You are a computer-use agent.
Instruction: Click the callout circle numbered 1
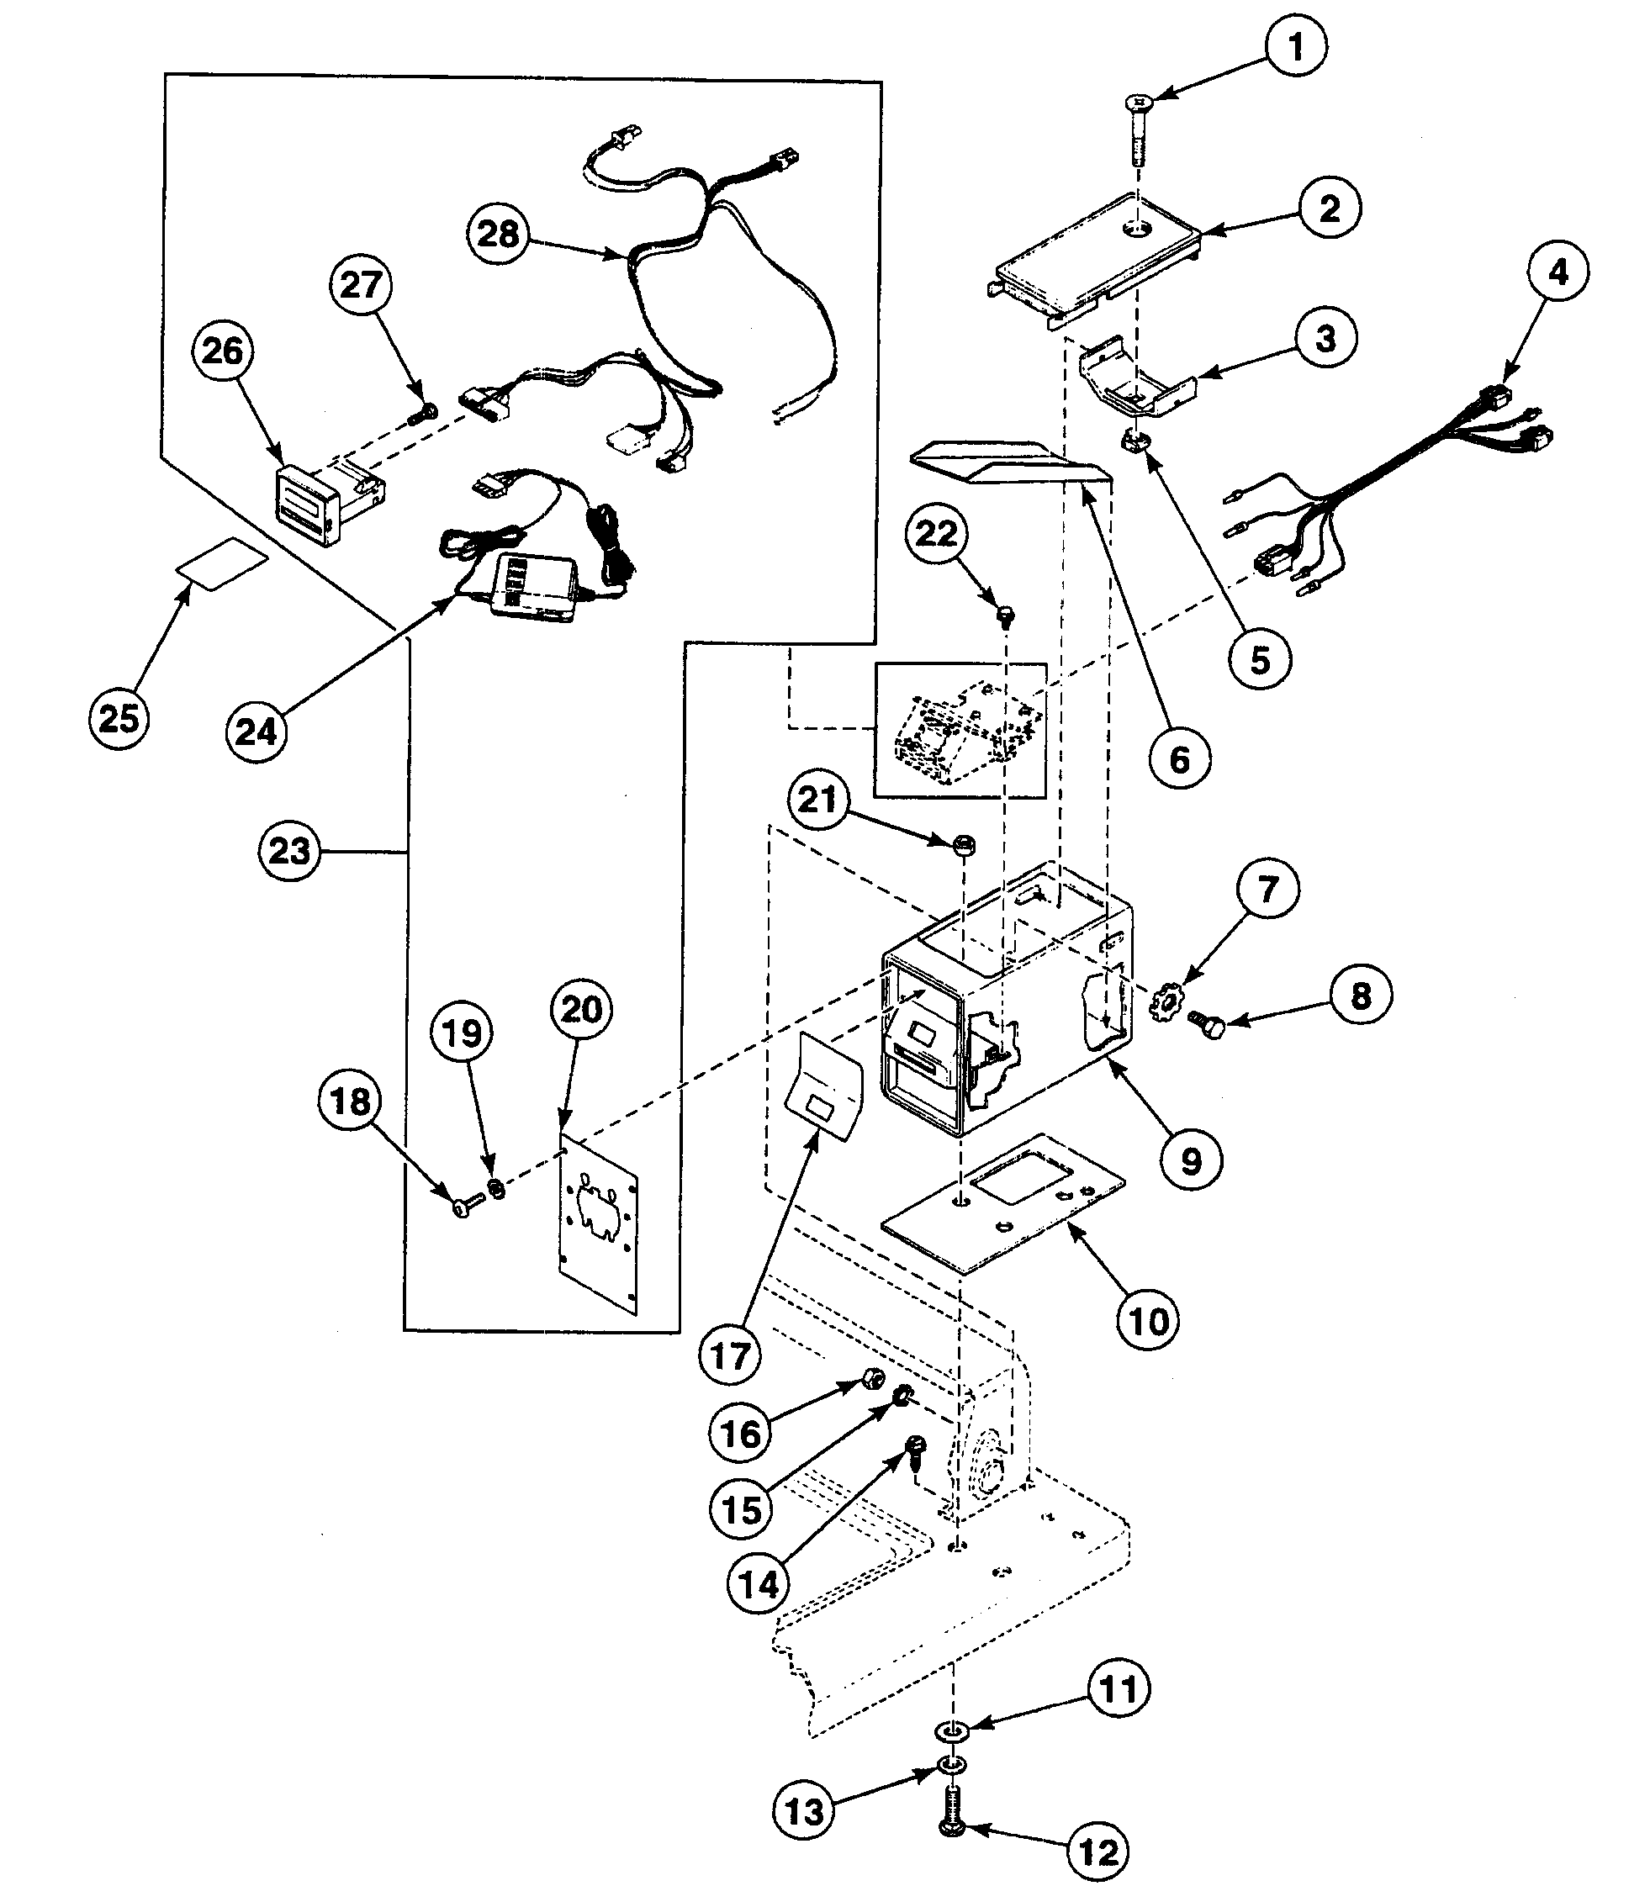coord(1296,45)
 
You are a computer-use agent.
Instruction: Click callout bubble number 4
coord(1558,272)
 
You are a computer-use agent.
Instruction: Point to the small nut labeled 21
coord(965,846)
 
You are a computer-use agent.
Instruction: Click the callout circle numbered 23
coord(289,851)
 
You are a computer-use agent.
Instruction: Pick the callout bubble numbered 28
coord(497,234)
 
